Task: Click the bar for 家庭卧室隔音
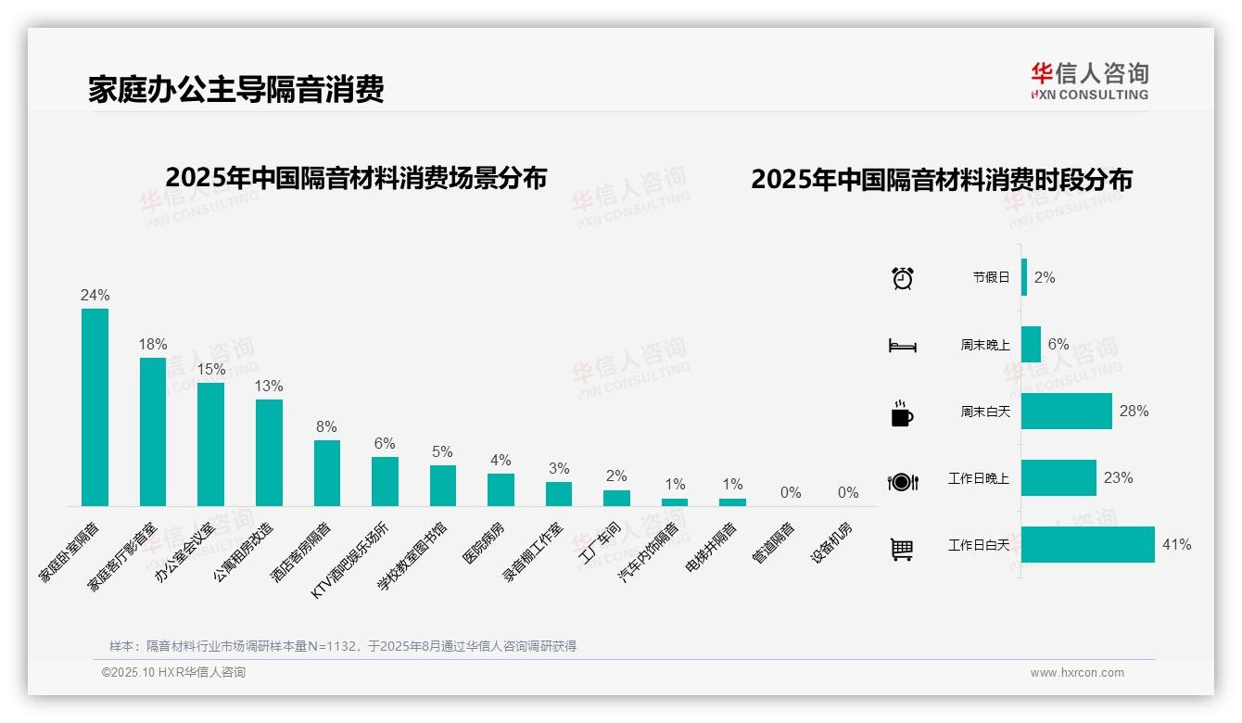pyautogui.click(x=95, y=407)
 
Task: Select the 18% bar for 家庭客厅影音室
pyautogui.click(x=153, y=432)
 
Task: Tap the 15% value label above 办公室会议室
pyautogui.click(x=210, y=369)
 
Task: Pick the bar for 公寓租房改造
pyautogui.click(x=269, y=452)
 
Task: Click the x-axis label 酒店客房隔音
pyautogui.click(x=302, y=552)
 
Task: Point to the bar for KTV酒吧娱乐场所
pyautogui.click(x=385, y=481)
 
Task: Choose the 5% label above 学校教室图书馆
pyautogui.click(x=442, y=452)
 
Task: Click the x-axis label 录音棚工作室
pyautogui.click(x=534, y=552)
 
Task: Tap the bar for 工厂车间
pyautogui.click(x=616, y=498)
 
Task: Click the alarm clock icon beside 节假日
pyautogui.click(x=902, y=278)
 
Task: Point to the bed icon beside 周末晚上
pyautogui.click(x=902, y=346)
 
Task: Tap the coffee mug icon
pyautogui.click(x=902, y=413)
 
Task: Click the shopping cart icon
pyautogui.click(x=902, y=549)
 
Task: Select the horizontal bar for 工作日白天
pyautogui.click(x=1087, y=545)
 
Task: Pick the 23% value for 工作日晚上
pyautogui.click(x=1118, y=478)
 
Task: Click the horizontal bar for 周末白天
pyautogui.click(x=1066, y=411)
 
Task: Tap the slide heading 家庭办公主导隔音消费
pyautogui.click(x=236, y=89)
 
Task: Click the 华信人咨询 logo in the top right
pyautogui.click(x=1089, y=81)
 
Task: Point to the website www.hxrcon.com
pyautogui.click(x=1077, y=673)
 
